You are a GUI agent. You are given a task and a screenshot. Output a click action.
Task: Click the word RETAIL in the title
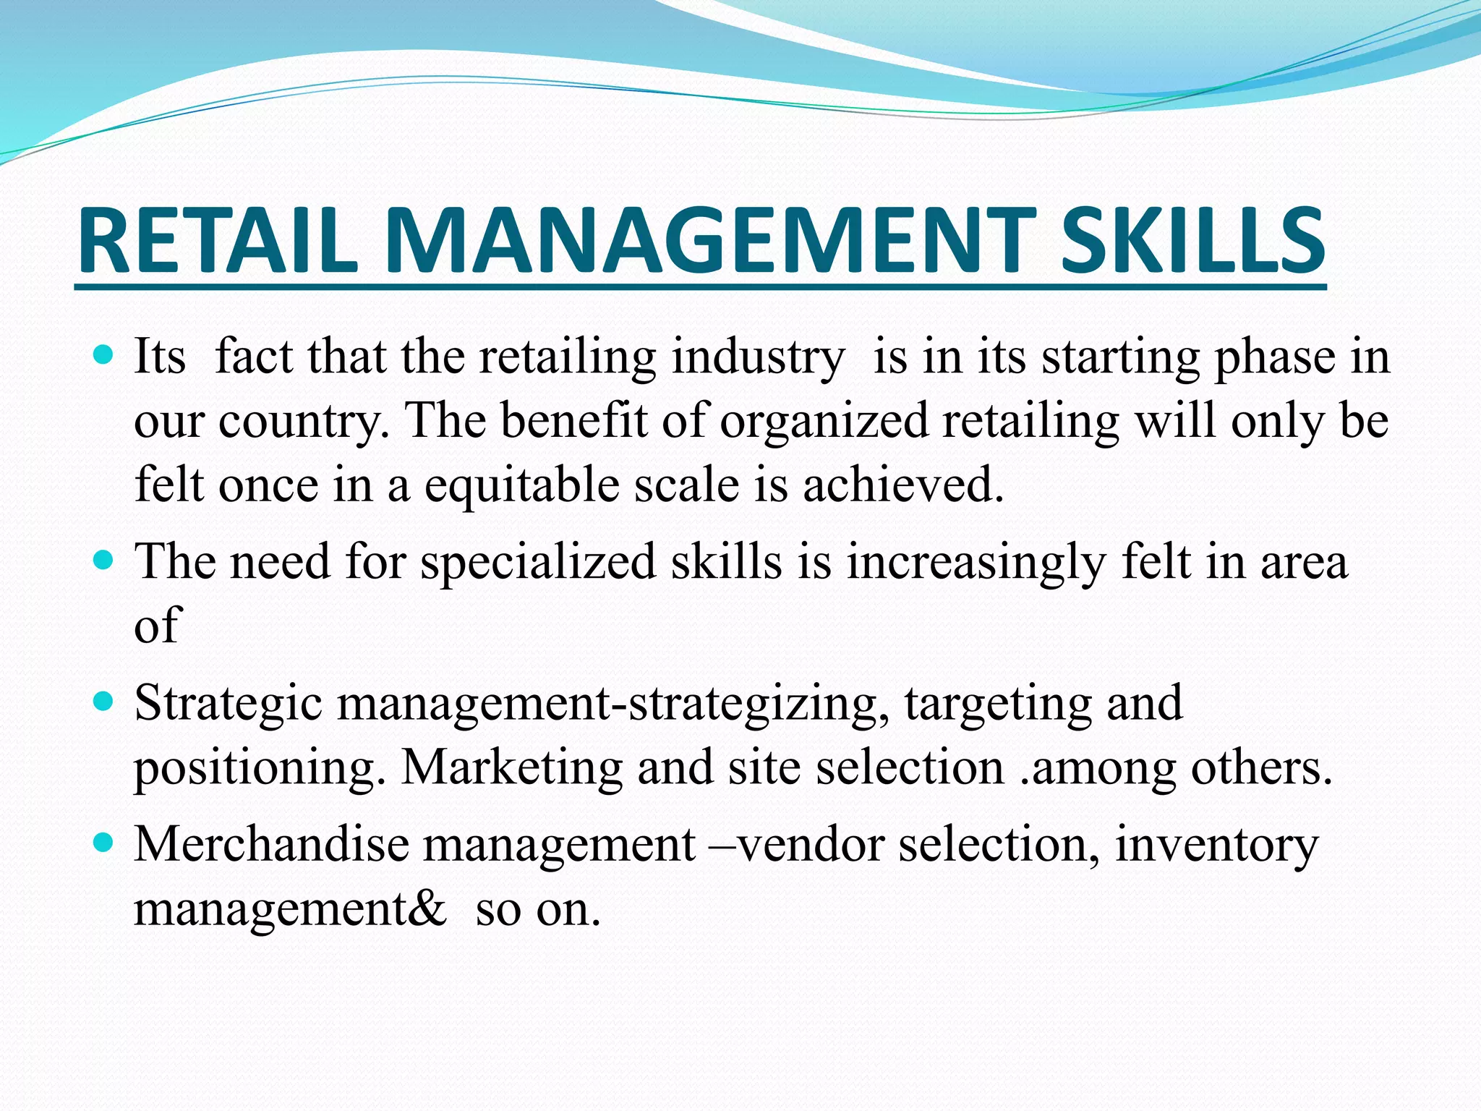point(217,240)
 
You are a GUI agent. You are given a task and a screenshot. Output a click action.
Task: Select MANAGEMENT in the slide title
point(709,240)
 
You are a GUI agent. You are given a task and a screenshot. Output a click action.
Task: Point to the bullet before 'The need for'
point(105,561)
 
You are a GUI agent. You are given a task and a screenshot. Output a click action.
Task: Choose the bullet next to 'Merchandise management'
point(105,843)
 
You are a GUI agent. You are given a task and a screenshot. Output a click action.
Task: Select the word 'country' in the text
point(302,422)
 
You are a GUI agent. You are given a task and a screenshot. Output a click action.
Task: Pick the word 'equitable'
point(521,485)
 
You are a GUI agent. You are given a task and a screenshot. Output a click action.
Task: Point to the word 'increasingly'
point(976,562)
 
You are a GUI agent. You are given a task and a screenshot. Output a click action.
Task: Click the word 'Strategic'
point(228,703)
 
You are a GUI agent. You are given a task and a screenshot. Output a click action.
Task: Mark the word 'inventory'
point(1217,845)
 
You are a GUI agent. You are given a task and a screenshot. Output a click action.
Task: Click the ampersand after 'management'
point(427,908)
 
